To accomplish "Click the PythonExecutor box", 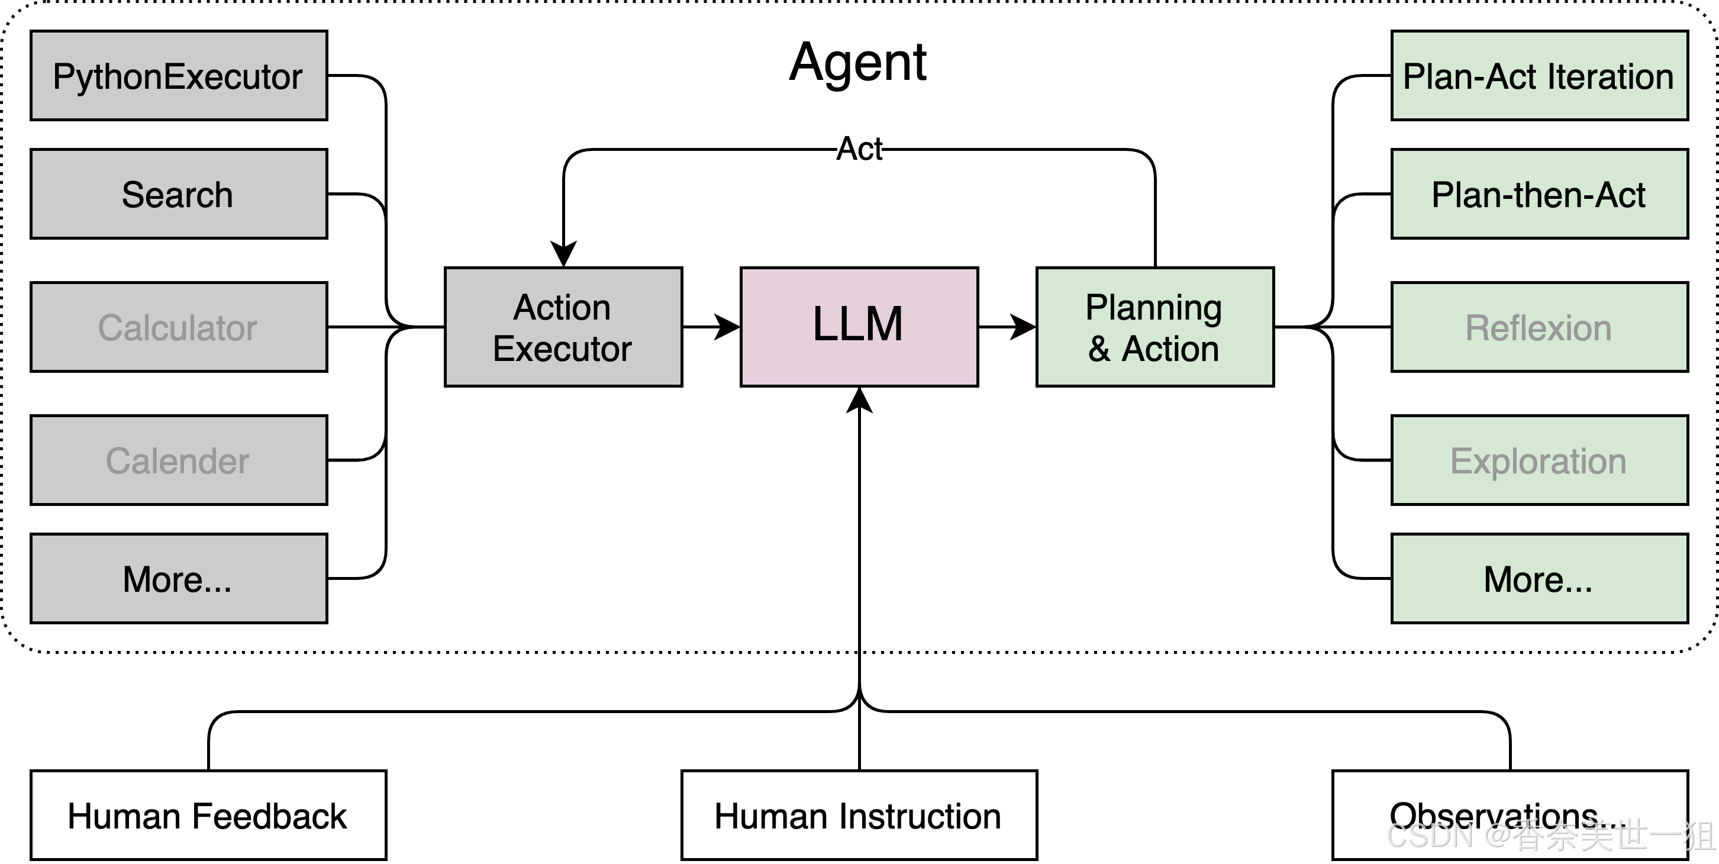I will tap(178, 75).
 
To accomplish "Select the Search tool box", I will tap(178, 194).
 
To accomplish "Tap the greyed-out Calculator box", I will tap(178, 327).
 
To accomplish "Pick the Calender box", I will tap(178, 460).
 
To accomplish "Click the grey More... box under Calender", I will tap(178, 578).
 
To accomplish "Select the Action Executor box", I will tap(563, 327).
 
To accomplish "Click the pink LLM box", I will tap(859, 327).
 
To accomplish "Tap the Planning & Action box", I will tap(1154, 327).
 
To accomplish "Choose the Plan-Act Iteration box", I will tap(1539, 75).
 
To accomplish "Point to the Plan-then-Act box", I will tap(1539, 194).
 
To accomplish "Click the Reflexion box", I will tap(1539, 327).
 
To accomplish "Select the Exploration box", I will tap(1539, 460).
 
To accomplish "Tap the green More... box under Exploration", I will tap(1539, 578).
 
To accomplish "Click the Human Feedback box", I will tap(208, 815).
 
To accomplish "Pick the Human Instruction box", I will tap(859, 815).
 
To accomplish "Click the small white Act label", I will tap(859, 149).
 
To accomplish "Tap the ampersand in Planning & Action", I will tap(1099, 349).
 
